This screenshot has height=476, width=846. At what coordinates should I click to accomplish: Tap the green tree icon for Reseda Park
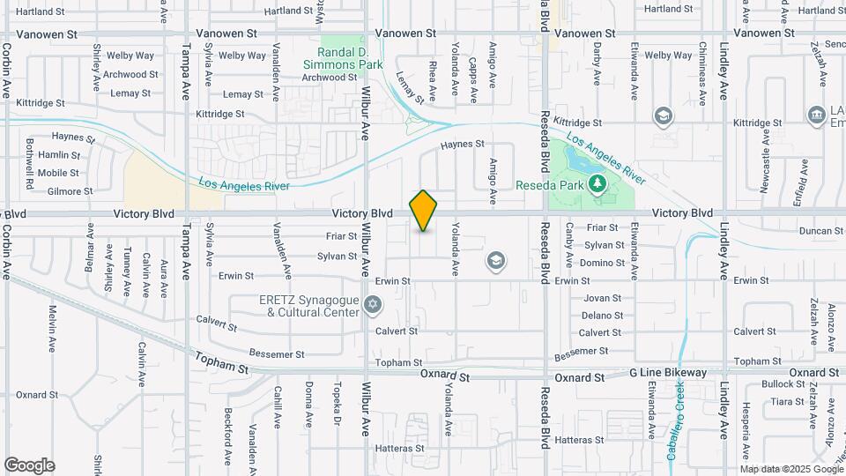point(597,183)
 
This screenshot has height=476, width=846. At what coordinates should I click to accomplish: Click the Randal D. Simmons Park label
point(343,57)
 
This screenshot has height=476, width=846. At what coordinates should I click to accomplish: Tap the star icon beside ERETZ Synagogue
point(373,305)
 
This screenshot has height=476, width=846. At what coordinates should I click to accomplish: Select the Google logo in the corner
point(29,465)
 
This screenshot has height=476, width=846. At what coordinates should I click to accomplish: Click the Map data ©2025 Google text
point(791,469)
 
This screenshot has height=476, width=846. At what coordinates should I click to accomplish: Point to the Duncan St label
point(821,231)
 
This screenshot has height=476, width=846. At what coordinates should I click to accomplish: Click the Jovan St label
point(602,299)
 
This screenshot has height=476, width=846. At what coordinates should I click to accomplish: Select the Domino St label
point(603,264)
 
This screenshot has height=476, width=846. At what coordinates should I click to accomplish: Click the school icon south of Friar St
point(496,260)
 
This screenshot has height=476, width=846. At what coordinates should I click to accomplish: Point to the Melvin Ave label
point(53,324)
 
